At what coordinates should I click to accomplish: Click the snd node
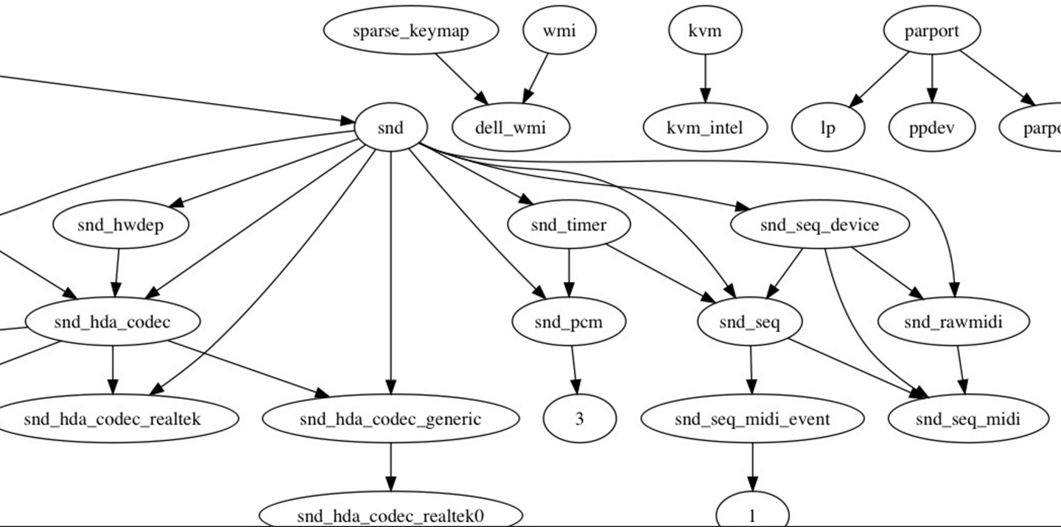click(391, 128)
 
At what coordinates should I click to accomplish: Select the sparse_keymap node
click(410, 31)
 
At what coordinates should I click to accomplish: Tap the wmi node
click(559, 31)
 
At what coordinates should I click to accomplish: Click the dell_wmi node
click(511, 128)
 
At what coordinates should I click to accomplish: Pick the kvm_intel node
click(705, 128)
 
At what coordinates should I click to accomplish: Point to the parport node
click(932, 31)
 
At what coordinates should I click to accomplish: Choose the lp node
click(828, 128)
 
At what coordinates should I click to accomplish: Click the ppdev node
click(932, 128)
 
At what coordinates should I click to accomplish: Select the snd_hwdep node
click(120, 224)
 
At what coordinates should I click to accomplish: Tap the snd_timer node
click(569, 224)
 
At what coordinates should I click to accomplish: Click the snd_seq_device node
click(819, 224)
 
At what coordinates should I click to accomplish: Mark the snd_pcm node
click(569, 322)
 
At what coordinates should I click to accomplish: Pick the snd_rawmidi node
click(953, 322)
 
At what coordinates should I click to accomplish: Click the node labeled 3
click(579, 419)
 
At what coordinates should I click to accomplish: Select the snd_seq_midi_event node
click(752, 419)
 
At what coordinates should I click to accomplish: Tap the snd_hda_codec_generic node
click(391, 419)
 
